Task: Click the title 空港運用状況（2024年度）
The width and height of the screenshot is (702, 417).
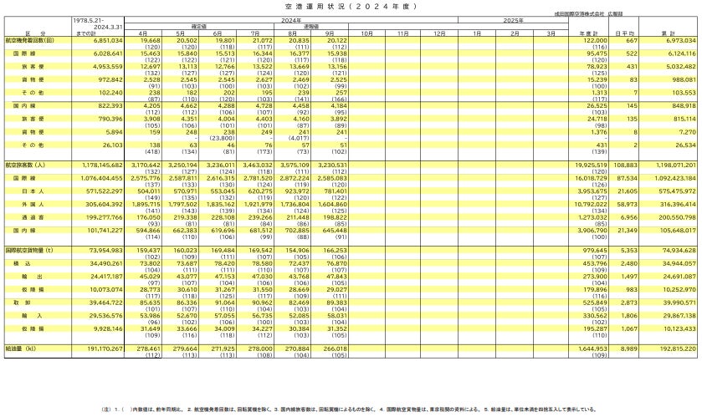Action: (351, 6)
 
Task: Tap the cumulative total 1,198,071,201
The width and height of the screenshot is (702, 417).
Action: (669, 165)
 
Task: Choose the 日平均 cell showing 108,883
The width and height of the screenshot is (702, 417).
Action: (627, 165)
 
